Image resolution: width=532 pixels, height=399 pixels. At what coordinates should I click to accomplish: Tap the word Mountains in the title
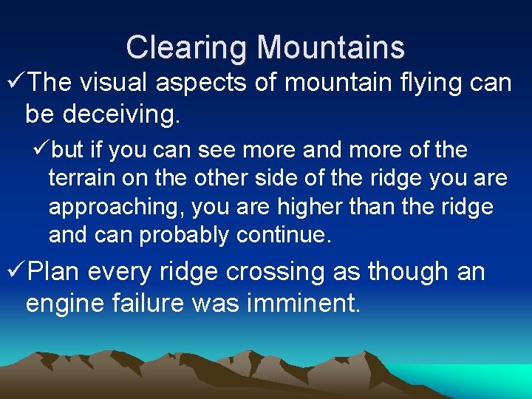[330, 48]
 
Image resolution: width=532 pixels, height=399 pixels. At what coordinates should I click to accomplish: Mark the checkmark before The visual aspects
[15, 83]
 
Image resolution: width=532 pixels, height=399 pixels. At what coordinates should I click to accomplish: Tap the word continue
[285, 236]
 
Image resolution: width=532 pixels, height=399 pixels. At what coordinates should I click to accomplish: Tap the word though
[408, 273]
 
